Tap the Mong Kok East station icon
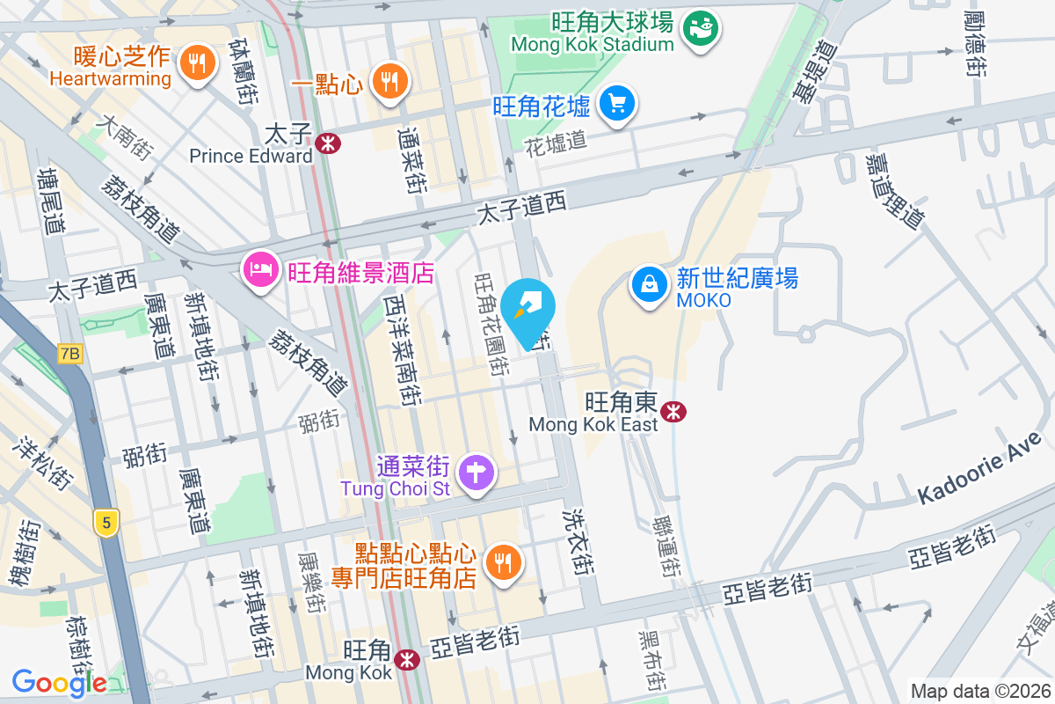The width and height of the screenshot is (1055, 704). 673,411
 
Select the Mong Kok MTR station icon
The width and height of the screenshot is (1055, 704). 406,659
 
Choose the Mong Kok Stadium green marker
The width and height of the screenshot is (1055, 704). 701,28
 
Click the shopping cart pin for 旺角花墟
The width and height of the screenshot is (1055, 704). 617,104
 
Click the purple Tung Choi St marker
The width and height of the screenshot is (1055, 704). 476,472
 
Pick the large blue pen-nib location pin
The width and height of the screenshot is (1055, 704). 534,312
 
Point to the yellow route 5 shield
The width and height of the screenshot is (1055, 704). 106,523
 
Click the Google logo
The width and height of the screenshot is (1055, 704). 60,682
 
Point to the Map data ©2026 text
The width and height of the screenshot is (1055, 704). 979,691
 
